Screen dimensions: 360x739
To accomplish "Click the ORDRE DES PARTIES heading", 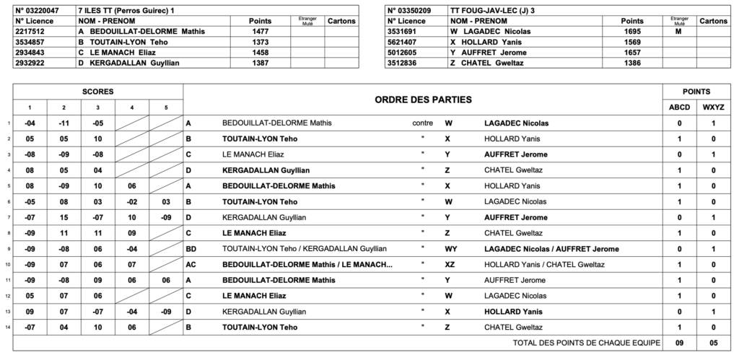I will pyautogui.click(x=423, y=99).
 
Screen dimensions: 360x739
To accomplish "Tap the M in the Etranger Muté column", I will pyautogui.click(x=679, y=31).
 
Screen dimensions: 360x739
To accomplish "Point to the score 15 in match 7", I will pyautogui.click(x=64, y=217).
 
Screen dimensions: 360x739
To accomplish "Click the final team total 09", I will pyautogui.click(x=679, y=343).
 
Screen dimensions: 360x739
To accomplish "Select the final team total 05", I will pyautogui.click(x=714, y=343).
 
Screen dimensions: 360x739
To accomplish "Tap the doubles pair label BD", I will pyautogui.click(x=191, y=248).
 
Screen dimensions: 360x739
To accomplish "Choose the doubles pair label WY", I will pyautogui.click(x=450, y=248).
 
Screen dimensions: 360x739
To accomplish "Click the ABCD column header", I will pyautogui.click(x=679, y=107).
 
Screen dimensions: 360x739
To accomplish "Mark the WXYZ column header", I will pyautogui.click(x=714, y=107).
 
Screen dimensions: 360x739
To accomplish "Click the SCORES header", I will pyautogui.click(x=97, y=92).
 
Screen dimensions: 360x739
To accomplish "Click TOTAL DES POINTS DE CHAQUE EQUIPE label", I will pyautogui.click(x=586, y=343).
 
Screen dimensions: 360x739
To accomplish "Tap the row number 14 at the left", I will pyautogui.click(x=7, y=327).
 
